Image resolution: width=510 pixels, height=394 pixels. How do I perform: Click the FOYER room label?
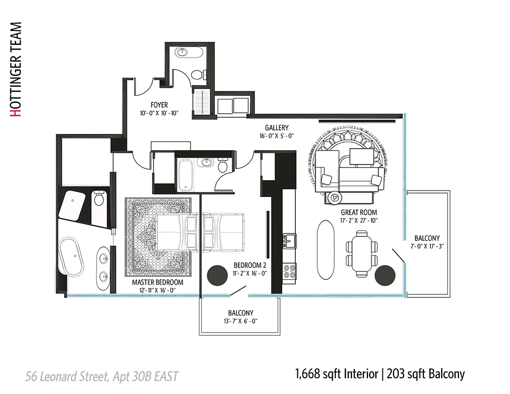tap(159, 105)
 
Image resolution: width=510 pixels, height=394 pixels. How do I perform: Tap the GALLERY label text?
tap(277, 128)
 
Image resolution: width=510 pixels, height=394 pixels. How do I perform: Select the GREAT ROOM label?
tap(359, 213)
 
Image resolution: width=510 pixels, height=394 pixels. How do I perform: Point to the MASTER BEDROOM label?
tap(157, 283)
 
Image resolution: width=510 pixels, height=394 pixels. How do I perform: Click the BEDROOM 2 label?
tap(250, 265)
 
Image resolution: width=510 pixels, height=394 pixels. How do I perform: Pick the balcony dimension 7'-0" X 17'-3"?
tap(427, 247)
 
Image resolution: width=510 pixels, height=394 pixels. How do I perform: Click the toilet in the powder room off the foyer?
tap(198, 75)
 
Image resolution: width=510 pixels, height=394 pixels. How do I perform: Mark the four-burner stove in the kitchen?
tap(289, 271)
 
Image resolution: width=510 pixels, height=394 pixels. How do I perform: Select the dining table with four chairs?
tap(362, 253)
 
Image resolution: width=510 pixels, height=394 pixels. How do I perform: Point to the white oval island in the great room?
tap(325, 250)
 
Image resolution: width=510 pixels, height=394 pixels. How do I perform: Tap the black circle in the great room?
tap(385, 275)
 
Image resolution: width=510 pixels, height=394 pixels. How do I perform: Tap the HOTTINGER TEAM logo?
tap(16, 69)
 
